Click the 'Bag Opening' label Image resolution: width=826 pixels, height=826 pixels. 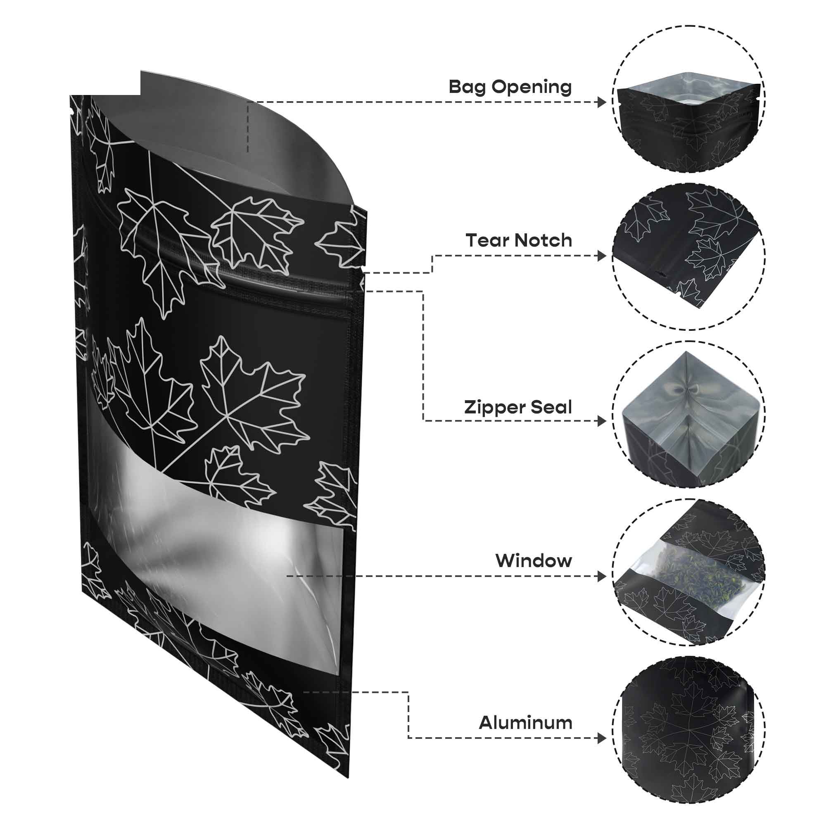(x=510, y=87)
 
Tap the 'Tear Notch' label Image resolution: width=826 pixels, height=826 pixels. (x=519, y=241)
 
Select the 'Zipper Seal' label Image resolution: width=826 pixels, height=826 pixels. (x=518, y=408)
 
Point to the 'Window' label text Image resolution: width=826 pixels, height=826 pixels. (x=534, y=560)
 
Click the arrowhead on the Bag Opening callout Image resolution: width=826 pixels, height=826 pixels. (x=602, y=102)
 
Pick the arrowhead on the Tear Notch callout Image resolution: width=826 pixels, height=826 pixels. (x=602, y=256)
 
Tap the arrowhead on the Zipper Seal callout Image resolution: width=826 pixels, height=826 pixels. (x=602, y=421)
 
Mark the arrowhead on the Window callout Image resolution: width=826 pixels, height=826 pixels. (x=602, y=576)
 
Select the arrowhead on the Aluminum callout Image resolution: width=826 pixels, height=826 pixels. (x=602, y=738)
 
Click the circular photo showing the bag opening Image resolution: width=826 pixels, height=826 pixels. (x=689, y=99)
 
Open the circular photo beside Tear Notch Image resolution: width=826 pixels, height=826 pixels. (x=689, y=256)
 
